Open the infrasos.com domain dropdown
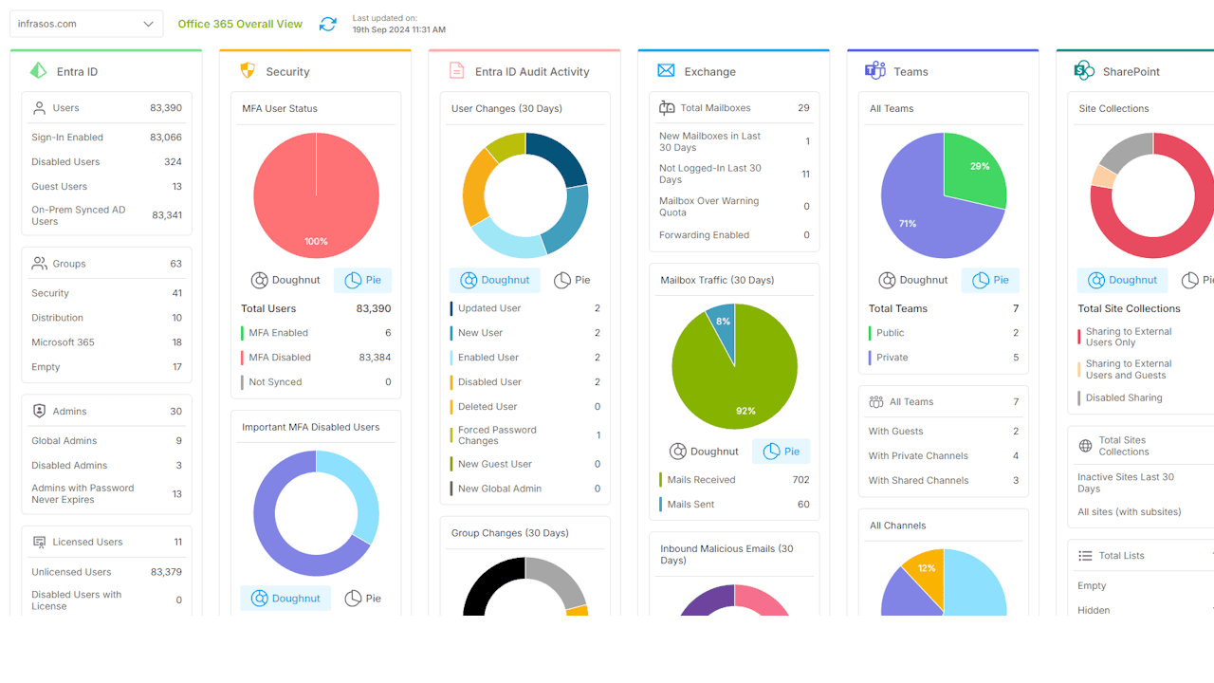tap(85, 24)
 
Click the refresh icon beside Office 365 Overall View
tap(327, 24)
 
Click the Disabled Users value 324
tap(173, 162)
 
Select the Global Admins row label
tap(64, 441)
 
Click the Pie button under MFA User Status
tap(363, 280)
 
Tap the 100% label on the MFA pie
tap(316, 242)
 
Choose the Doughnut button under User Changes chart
tap(494, 280)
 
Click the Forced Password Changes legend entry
tap(497, 435)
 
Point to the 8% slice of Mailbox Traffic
tap(723, 323)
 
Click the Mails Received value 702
tap(800, 480)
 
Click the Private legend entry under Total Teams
tap(892, 358)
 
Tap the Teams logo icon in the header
tap(874, 71)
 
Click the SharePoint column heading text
tap(1131, 71)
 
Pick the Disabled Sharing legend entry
tap(1124, 398)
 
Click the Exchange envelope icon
tap(666, 71)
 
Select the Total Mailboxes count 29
tap(803, 108)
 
